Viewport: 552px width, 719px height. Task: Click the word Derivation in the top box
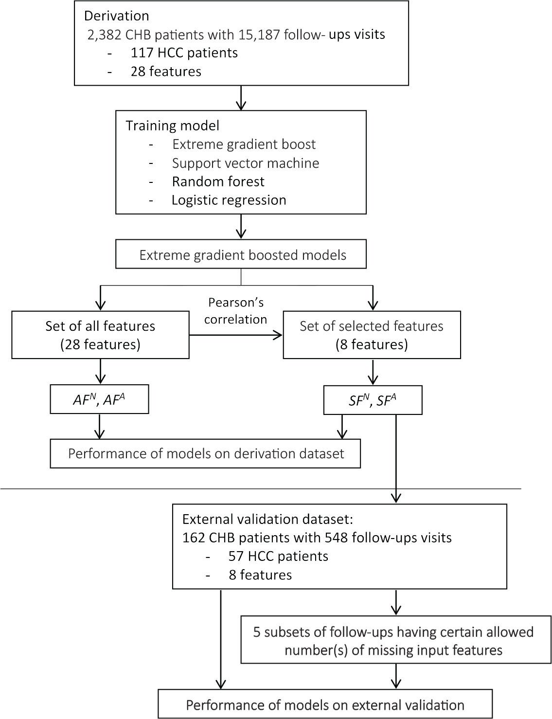coord(116,16)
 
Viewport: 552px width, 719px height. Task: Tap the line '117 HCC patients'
coord(184,53)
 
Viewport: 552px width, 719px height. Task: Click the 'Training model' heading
coord(172,126)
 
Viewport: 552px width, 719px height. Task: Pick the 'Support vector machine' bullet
coord(245,163)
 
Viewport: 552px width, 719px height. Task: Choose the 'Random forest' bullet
coord(218,181)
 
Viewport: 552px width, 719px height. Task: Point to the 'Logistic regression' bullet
coord(229,200)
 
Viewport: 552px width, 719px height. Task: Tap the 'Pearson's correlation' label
coord(236,311)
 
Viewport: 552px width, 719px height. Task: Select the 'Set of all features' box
coord(100,335)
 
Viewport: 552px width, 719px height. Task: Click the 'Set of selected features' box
coord(372,335)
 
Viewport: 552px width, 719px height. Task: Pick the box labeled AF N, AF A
coord(99,400)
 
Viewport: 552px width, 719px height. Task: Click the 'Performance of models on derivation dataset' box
coord(205,453)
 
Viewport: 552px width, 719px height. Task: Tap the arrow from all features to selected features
coord(236,335)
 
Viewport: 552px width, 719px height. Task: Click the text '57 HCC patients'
coord(278,556)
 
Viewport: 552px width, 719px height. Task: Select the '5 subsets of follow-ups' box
coord(393,641)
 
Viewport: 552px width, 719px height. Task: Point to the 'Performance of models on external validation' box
coord(325,704)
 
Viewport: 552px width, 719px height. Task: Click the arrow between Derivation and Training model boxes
coord(241,97)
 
